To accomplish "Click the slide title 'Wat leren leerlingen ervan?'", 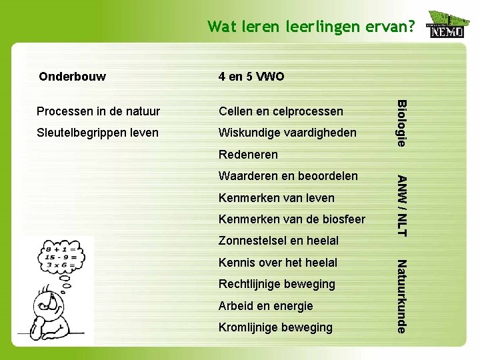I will click(311, 27).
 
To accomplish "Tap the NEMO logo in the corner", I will click(446, 25).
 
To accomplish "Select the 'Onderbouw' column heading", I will click(72, 76).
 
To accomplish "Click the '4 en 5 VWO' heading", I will click(251, 77).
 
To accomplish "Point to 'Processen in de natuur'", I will click(98, 111).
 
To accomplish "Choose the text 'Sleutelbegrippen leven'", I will click(97, 133).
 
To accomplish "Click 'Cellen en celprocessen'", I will click(281, 111).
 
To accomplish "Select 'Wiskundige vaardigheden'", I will click(287, 133).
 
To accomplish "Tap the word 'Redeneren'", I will click(248, 155).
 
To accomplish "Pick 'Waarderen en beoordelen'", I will click(288, 176).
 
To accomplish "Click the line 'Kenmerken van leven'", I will click(277, 198).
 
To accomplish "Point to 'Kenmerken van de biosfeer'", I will click(292, 219).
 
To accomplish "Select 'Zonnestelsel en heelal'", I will click(279, 241).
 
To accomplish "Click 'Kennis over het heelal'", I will click(278, 263).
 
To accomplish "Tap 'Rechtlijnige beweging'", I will click(277, 284).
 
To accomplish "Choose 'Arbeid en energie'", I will click(265, 306).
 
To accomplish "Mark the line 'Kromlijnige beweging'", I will click(275, 327).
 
